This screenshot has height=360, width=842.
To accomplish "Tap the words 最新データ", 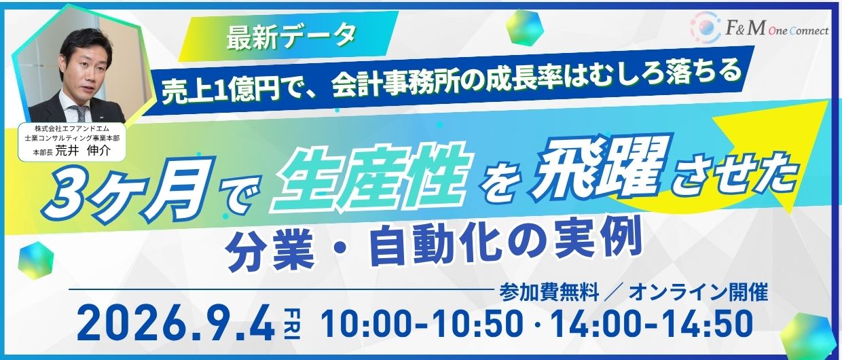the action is click(291, 37).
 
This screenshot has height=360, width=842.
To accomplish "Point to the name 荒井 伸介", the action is click(83, 151).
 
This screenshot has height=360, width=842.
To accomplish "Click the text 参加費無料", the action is click(549, 292).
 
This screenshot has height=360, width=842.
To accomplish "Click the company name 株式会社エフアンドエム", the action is click(72, 128).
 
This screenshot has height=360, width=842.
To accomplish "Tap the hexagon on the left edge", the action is click(36, 259).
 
